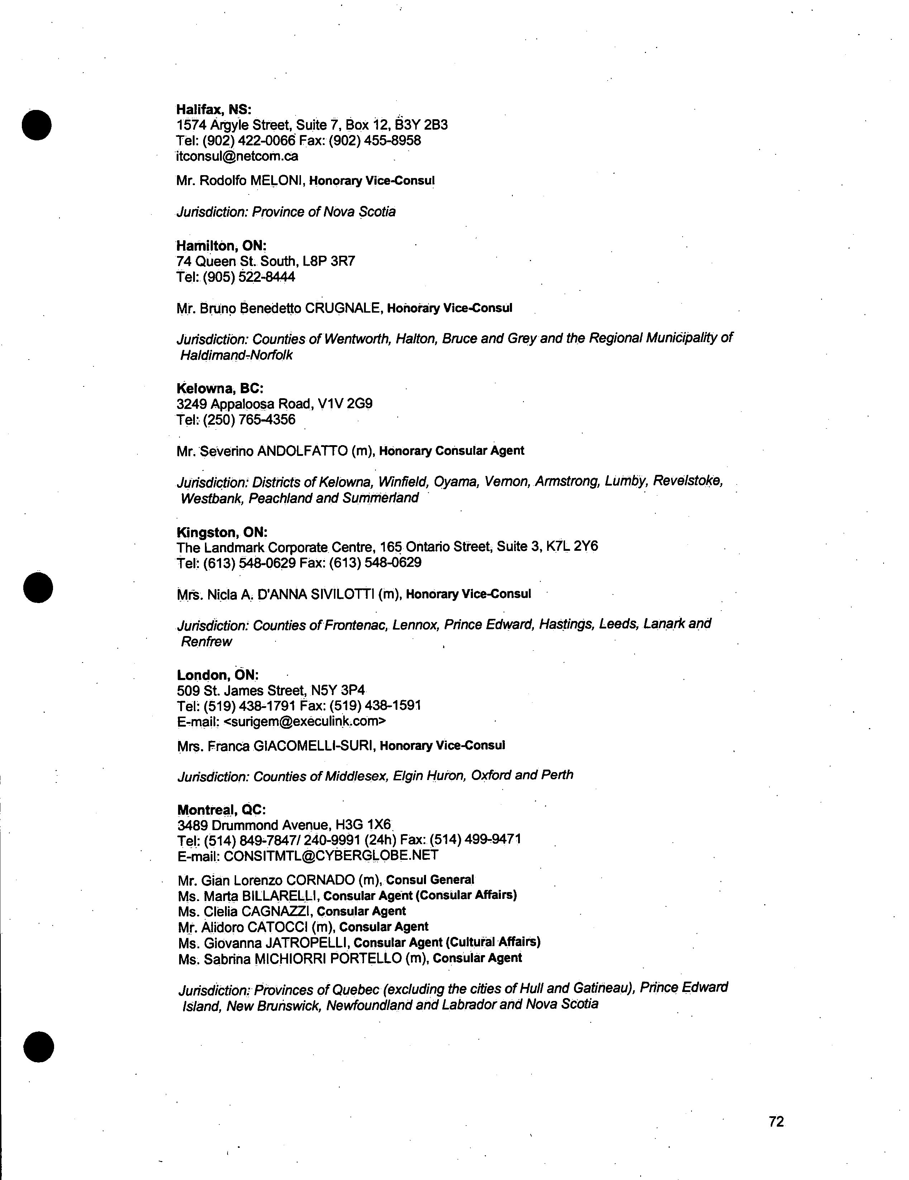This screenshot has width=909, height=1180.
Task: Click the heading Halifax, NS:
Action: point(214,109)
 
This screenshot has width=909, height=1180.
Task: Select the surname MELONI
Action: point(276,180)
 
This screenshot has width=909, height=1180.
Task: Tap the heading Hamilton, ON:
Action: point(221,246)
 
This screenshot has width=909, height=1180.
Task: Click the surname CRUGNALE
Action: point(344,308)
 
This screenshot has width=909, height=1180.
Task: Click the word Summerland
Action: point(381,498)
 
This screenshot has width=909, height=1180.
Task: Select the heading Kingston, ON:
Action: point(221,532)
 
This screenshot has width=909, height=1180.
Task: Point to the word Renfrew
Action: point(206,642)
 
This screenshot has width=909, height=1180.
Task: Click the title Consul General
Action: point(430,880)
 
